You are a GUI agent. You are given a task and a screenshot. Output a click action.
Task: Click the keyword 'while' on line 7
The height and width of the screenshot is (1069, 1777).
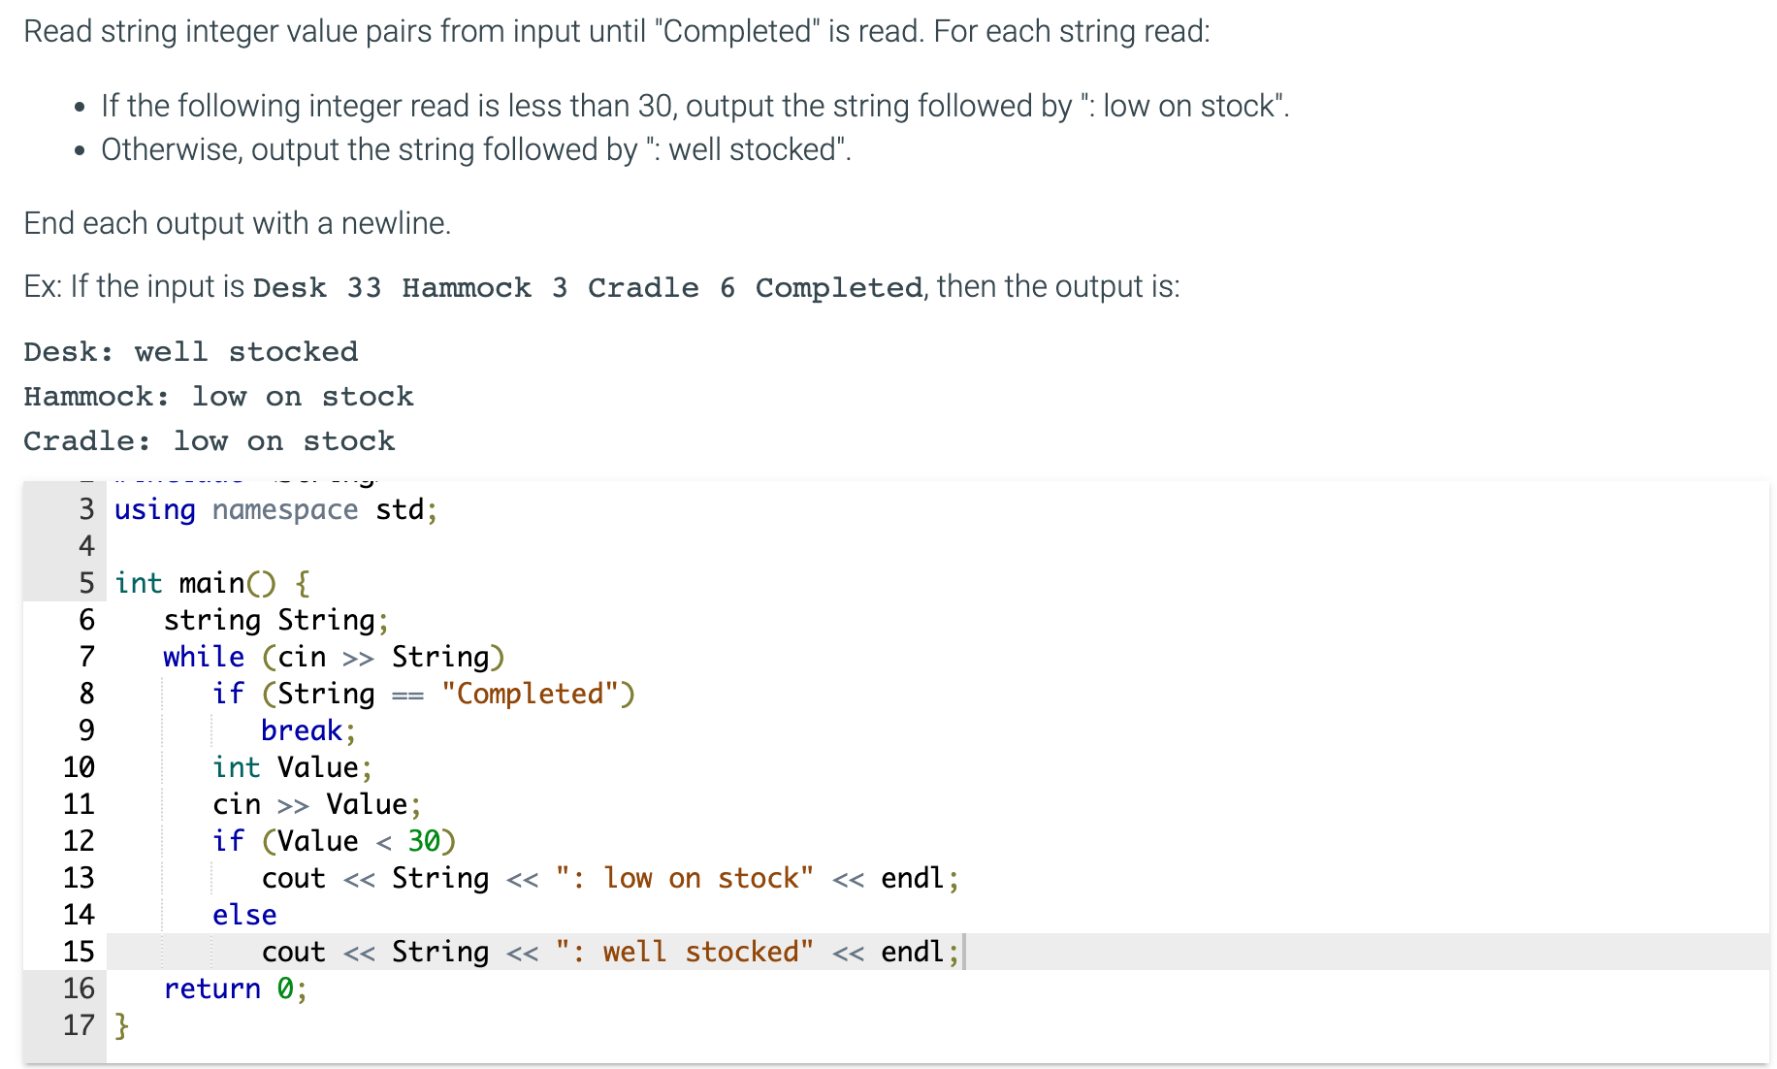(203, 657)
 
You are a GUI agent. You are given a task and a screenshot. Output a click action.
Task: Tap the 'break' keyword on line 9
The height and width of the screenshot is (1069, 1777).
(301, 730)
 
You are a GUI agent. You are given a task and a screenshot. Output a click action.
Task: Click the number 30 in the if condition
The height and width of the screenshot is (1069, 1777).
(424, 841)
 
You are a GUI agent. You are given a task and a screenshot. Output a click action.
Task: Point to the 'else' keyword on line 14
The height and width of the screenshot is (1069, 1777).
(244, 915)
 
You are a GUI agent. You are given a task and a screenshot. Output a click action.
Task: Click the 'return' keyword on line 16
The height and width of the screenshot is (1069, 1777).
(211, 988)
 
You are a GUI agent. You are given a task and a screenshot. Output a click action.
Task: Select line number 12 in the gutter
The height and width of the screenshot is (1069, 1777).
(79, 841)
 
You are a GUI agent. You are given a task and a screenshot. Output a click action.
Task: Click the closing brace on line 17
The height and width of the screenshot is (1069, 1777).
(121, 1025)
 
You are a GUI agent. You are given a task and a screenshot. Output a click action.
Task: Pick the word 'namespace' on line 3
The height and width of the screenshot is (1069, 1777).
(285, 510)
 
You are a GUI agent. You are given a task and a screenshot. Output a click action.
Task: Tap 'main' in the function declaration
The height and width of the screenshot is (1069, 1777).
(211, 583)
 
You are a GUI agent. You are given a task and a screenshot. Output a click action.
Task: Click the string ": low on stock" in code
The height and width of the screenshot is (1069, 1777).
(685, 878)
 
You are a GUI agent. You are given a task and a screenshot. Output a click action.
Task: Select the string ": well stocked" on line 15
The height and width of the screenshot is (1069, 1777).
(685, 952)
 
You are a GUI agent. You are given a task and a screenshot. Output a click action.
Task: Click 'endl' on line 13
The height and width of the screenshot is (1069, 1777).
(912, 878)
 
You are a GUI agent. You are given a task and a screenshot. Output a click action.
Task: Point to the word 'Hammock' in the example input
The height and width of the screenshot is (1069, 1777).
(467, 288)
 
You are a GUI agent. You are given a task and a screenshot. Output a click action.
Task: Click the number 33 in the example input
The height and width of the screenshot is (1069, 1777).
(364, 288)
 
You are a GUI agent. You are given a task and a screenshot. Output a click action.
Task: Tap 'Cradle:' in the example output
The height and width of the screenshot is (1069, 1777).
(87, 441)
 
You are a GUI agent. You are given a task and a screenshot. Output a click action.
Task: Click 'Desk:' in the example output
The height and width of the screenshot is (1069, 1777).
(68, 352)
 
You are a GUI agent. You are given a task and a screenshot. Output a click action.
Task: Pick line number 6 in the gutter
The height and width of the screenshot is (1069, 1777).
(86, 620)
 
